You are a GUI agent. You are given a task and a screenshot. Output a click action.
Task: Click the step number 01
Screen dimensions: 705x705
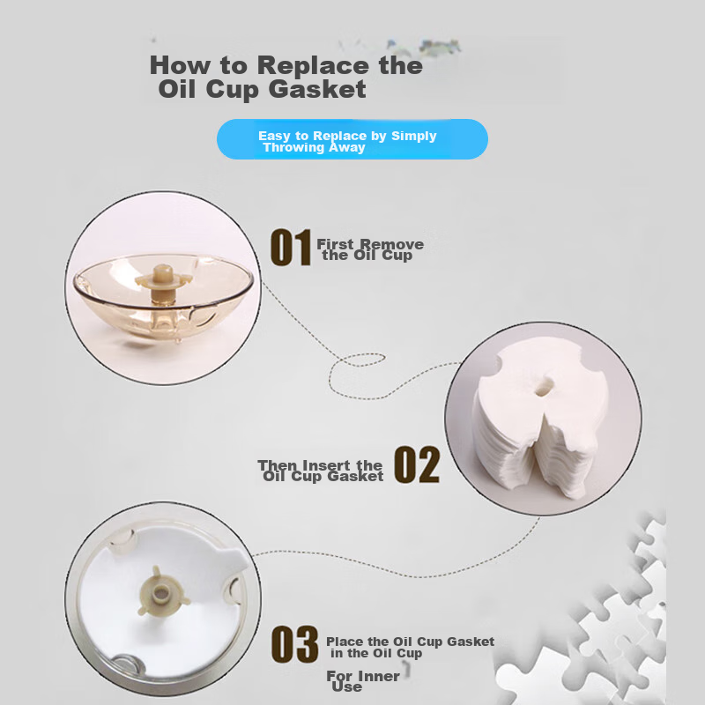pyautogui.click(x=291, y=248)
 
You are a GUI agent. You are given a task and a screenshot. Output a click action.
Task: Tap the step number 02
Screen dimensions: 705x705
pyautogui.click(x=417, y=465)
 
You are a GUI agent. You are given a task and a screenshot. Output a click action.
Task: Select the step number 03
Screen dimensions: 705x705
pyautogui.click(x=295, y=644)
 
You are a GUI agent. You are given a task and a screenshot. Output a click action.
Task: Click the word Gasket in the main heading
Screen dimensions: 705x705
pyautogui.click(x=317, y=89)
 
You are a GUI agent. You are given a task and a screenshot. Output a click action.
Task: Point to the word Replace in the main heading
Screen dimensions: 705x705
pyautogui.click(x=313, y=65)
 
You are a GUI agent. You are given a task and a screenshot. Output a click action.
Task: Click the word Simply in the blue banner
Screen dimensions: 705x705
pyautogui.click(x=413, y=137)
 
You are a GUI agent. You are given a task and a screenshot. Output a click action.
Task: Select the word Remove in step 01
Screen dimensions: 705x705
pyautogui.click(x=391, y=244)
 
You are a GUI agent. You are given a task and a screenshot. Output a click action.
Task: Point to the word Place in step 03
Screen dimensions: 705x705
pyautogui.click(x=345, y=642)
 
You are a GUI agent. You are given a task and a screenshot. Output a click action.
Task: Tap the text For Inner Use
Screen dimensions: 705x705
pyautogui.click(x=363, y=681)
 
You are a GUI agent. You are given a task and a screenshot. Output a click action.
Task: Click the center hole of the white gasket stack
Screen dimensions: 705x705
pyautogui.click(x=544, y=386)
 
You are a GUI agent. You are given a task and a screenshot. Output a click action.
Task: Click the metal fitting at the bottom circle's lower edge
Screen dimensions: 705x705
pyautogui.click(x=127, y=664)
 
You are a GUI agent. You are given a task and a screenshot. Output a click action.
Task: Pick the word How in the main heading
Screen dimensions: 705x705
pyautogui.click(x=180, y=65)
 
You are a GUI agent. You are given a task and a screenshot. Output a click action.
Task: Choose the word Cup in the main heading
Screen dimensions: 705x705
pyautogui.click(x=232, y=90)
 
